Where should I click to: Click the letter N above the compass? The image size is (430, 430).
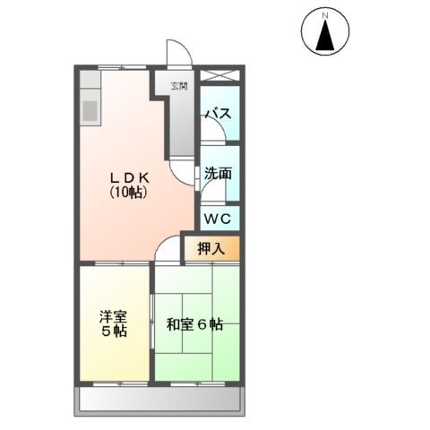[327, 14]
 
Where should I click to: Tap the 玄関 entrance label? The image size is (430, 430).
[180, 87]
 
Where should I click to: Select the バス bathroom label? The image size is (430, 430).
[219, 114]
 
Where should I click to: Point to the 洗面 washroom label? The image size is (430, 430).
[218, 174]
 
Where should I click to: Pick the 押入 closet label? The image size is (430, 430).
[211, 248]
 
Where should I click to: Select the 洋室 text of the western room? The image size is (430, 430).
[112, 315]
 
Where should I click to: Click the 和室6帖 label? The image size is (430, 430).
[194, 324]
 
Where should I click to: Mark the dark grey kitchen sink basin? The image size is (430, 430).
[90, 109]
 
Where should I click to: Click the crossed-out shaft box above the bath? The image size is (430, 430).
[220, 76]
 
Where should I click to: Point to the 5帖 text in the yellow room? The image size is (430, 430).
[113, 331]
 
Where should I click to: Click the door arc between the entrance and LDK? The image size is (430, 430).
[185, 176]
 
